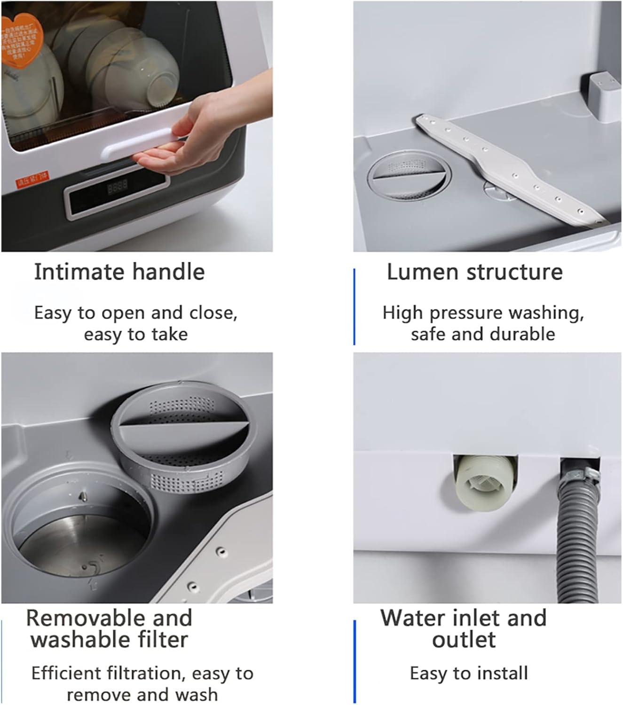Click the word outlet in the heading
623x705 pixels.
[464, 640]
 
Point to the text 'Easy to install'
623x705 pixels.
[469, 673]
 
